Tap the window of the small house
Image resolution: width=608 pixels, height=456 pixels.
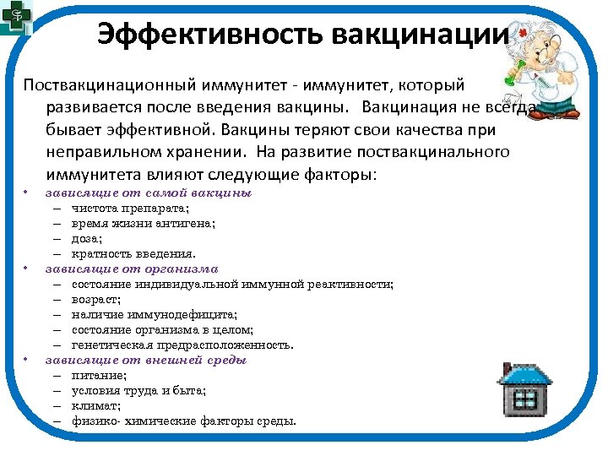tap(525, 399)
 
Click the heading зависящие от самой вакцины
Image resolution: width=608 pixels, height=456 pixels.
tap(149, 193)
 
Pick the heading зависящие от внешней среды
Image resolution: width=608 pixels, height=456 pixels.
tap(146, 360)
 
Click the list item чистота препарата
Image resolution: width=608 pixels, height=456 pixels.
tap(130, 208)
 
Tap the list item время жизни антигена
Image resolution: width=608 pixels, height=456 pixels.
tap(144, 223)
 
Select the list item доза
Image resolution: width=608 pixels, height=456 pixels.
tap(86, 238)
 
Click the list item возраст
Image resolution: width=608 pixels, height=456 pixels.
tap(95, 299)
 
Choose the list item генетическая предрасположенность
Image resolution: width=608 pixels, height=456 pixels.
tap(182, 345)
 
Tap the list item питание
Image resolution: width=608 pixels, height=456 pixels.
tap(99, 375)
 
